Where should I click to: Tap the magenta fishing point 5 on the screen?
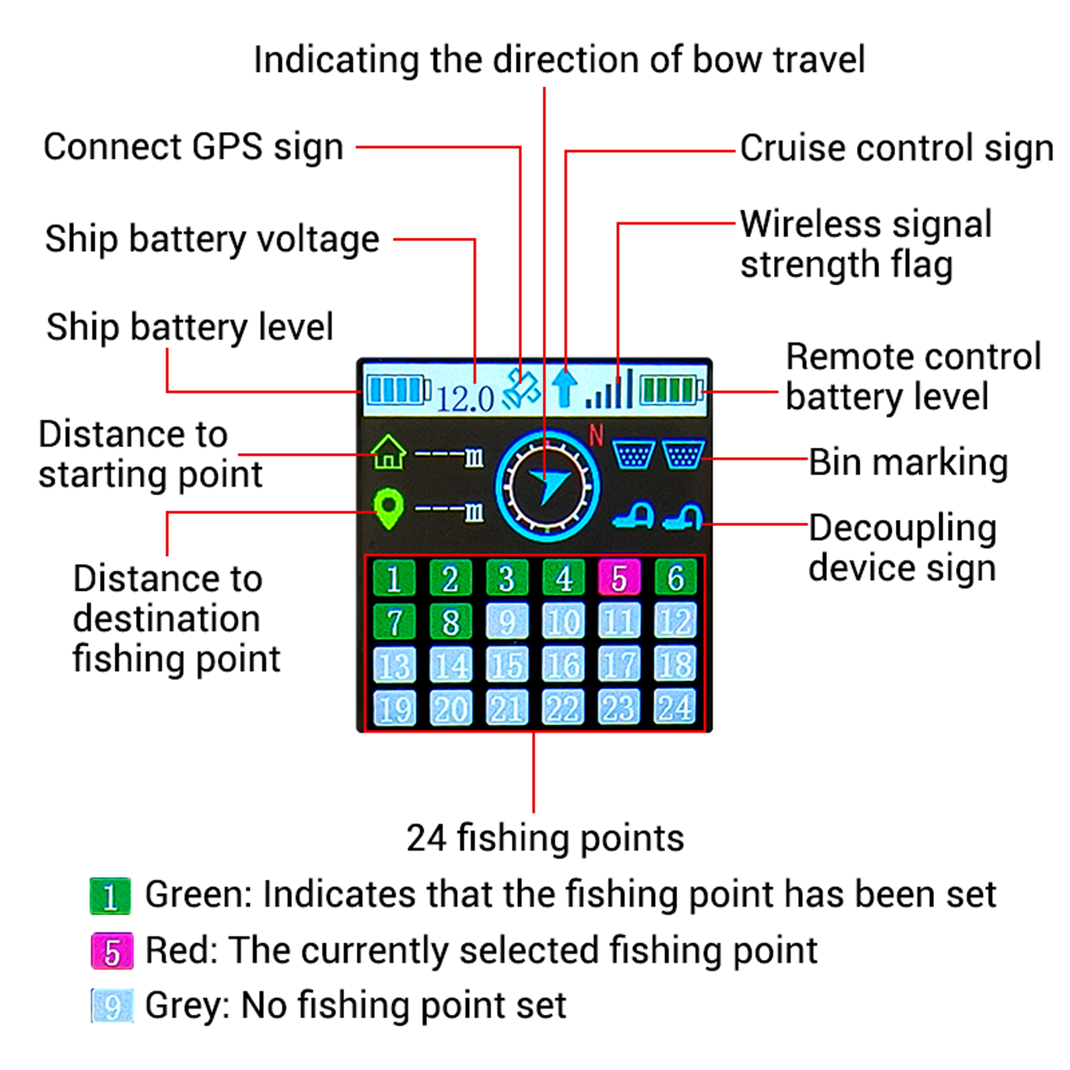[619, 577]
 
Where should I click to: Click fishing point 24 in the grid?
[675, 707]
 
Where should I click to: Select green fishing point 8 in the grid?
[450, 621]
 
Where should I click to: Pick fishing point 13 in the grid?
[394, 665]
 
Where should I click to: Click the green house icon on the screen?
[389, 452]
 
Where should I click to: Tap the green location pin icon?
[389, 508]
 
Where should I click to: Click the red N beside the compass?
[596, 436]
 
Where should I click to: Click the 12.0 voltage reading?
[465, 398]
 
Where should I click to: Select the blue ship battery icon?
[398, 390]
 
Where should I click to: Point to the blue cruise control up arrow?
[564, 388]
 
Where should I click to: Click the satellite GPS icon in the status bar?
[521, 389]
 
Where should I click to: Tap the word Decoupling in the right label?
[902, 528]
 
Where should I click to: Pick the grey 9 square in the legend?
[112, 1005]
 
